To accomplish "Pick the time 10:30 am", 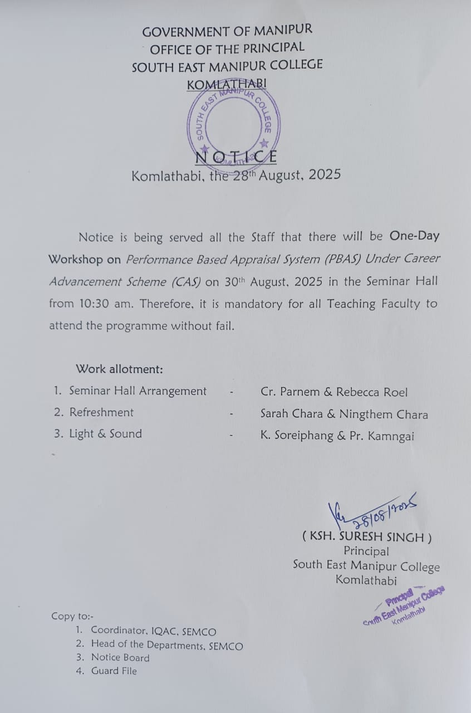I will click(105, 304).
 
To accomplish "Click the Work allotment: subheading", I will click(120, 369).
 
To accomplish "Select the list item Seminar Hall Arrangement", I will click(138, 391).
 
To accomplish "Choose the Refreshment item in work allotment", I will click(101, 412).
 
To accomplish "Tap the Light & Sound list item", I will click(105, 434).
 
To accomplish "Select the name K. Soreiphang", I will click(296, 437).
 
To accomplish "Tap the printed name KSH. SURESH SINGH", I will click(367, 538).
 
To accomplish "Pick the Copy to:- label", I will click(73, 616).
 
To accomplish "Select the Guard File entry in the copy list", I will click(114, 671).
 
